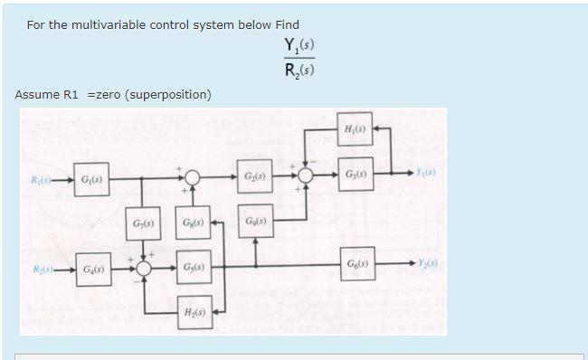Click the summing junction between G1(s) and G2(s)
click(193, 175)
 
